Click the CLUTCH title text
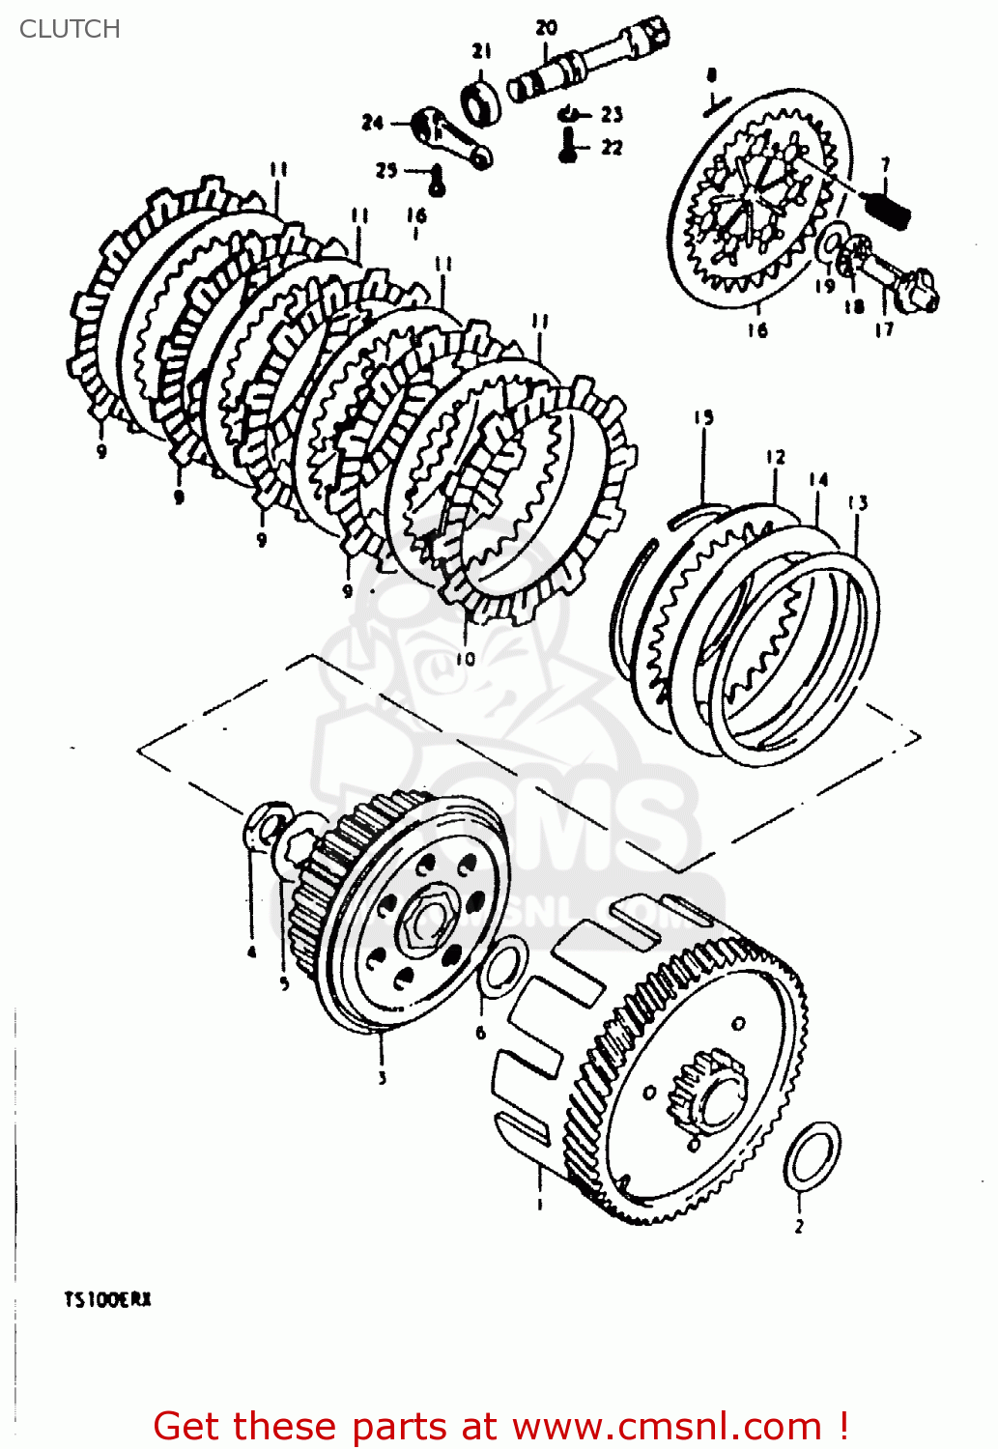coord(70,29)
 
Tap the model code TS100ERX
coord(107,1299)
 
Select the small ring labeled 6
coord(503,967)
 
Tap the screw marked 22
coord(569,148)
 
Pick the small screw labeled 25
coord(437,180)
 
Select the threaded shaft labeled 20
coord(589,59)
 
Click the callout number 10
coord(466,659)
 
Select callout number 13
coord(858,502)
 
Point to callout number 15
coord(703,417)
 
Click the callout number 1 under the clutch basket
coord(539,1204)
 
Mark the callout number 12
coord(776,457)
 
